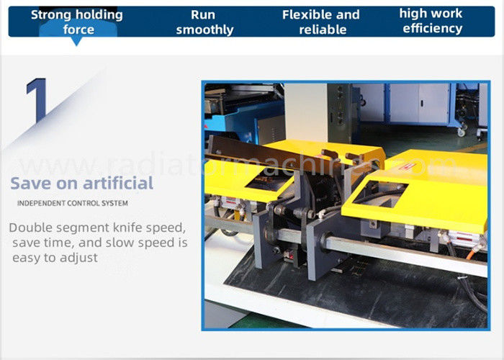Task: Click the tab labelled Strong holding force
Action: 77,22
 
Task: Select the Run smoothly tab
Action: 204,22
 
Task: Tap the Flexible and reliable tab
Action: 321,22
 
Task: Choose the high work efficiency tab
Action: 431,21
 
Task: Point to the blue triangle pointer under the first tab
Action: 76,42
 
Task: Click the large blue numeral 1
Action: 37,100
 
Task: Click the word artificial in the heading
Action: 118,183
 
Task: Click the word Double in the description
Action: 30,228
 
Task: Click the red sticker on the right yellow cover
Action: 408,167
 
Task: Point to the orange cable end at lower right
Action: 471,254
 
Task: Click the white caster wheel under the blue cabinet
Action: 462,132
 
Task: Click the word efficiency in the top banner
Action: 432,28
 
